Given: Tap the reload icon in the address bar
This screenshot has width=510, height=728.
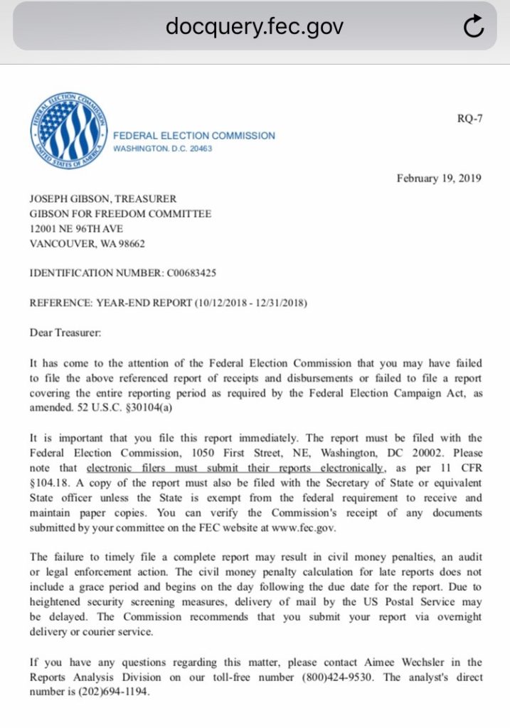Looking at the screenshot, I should (473, 26).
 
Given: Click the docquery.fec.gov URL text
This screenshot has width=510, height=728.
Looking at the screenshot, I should (254, 26).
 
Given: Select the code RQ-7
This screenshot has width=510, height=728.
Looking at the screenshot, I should (469, 118).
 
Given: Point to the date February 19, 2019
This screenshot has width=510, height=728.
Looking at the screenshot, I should (439, 178).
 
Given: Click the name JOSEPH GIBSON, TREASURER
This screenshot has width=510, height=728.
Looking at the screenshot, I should (102, 200).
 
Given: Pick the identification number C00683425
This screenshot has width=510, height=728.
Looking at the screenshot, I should (191, 273).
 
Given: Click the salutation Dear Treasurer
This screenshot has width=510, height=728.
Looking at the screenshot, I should (65, 332).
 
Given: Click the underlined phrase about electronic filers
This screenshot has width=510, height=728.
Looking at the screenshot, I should (235, 468).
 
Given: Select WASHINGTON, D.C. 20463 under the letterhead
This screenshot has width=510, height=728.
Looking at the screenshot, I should (162, 149).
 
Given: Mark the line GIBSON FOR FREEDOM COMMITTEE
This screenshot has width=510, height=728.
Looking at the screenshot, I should (120, 214).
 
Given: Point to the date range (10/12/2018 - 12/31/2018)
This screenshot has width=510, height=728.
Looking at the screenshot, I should (251, 303).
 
